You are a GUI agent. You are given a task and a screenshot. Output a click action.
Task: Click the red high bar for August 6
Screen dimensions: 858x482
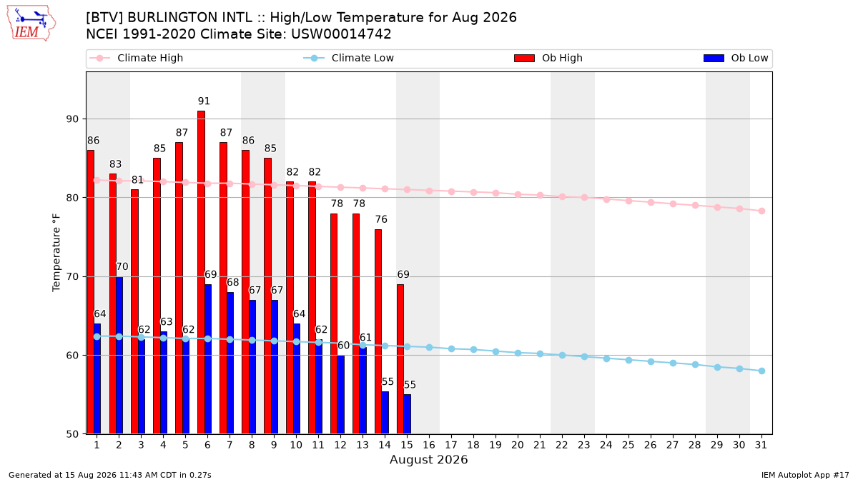(x=201, y=272)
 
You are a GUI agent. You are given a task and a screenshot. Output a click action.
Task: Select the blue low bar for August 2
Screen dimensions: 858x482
(x=119, y=356)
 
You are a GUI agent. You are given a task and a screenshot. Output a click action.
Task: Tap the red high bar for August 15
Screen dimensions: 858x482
(x=400, y=359)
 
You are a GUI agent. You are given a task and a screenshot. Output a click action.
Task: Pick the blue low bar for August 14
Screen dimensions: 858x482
(x=385, y=413)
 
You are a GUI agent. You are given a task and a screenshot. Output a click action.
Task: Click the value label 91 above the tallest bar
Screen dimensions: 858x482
(x=204, y=101)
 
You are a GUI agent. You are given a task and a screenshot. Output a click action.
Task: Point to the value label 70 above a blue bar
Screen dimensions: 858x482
(x=122, y=266)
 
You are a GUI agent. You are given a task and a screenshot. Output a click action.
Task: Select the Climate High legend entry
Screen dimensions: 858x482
(x=136, y=58)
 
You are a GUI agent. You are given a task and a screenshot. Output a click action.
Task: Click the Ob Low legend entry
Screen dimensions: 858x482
(x=736, y=58)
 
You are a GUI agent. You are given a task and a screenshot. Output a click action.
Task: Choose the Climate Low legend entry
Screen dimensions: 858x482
(x=348, y=58)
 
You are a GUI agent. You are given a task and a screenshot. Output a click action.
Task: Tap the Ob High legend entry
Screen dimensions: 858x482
(x=548, y=58)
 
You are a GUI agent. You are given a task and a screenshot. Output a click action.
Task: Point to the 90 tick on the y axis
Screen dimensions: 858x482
(x=72, y=119)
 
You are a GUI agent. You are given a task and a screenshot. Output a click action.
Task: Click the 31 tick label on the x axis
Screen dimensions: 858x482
(x=761, y=445)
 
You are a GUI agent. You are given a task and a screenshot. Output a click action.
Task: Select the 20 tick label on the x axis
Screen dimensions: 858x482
(x=518, y=445)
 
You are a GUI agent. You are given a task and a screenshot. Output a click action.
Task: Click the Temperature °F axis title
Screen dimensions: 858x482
(x=56, y=253)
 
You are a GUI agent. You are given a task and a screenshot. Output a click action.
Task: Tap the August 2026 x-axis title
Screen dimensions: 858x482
(x=428, y=459)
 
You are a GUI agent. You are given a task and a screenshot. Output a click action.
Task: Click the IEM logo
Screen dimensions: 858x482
(x=31, y=24)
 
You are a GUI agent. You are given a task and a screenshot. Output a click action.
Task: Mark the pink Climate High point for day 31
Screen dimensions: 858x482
(x=762, y=211)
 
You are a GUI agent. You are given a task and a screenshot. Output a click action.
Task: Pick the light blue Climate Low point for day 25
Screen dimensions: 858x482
(x=628, y=360)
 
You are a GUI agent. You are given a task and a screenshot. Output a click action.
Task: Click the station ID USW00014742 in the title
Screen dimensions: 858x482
(x=341, y=34)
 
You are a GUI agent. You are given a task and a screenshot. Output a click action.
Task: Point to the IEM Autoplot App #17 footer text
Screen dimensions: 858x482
(x=805, y=475)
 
